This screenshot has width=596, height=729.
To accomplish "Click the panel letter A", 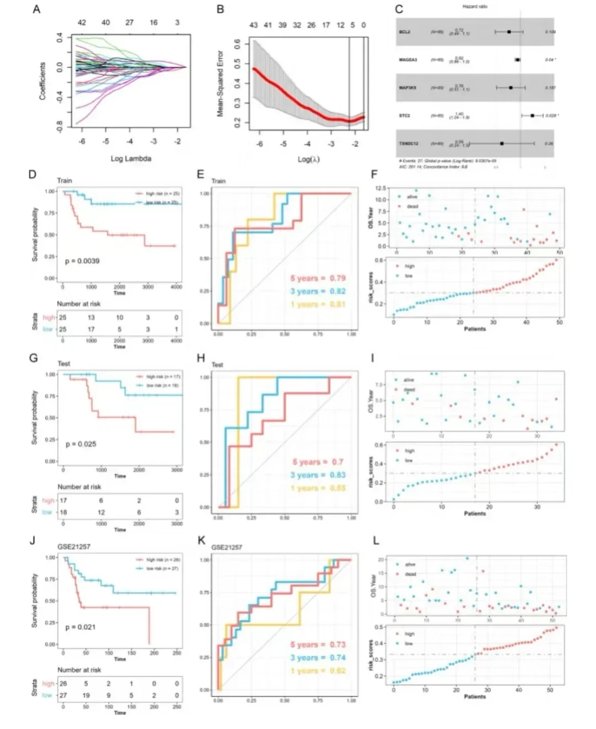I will (x=36, y=9).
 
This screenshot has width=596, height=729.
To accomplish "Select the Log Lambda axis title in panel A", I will (x=131, y=158).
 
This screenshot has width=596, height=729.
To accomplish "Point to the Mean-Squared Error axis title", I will (x=220, y=83).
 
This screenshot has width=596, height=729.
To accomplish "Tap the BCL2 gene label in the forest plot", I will (x=405, y=32).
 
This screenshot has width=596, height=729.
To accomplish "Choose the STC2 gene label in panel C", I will (x=405, y=116).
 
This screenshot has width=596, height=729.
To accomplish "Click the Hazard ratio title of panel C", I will (x=475, y=7).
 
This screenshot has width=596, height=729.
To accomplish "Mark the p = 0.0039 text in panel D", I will (x=82, y=260).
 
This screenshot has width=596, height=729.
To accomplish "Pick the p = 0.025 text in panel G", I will (x=81, y=444).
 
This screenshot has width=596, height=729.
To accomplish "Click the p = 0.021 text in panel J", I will (x=81, y=627).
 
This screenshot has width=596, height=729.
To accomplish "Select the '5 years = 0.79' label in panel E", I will (x=318, y=278).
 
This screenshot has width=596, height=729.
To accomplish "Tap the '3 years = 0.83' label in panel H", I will (x=318, y=475).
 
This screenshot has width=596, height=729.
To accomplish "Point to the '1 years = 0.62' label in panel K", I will (x=318, y=671).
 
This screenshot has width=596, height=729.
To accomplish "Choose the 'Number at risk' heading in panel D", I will (x=79, y=304).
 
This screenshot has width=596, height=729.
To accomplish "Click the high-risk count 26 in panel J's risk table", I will (x=63, y=684).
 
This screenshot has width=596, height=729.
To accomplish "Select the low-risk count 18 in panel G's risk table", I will (x=63, y=512).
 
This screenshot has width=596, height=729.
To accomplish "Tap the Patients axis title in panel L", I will (x=475, y=696).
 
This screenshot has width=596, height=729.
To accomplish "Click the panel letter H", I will (x=201, y=359).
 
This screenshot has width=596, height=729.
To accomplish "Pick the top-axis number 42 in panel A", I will (x=82, y=23).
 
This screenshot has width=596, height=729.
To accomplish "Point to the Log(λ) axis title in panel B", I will (x=308, y=159).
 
